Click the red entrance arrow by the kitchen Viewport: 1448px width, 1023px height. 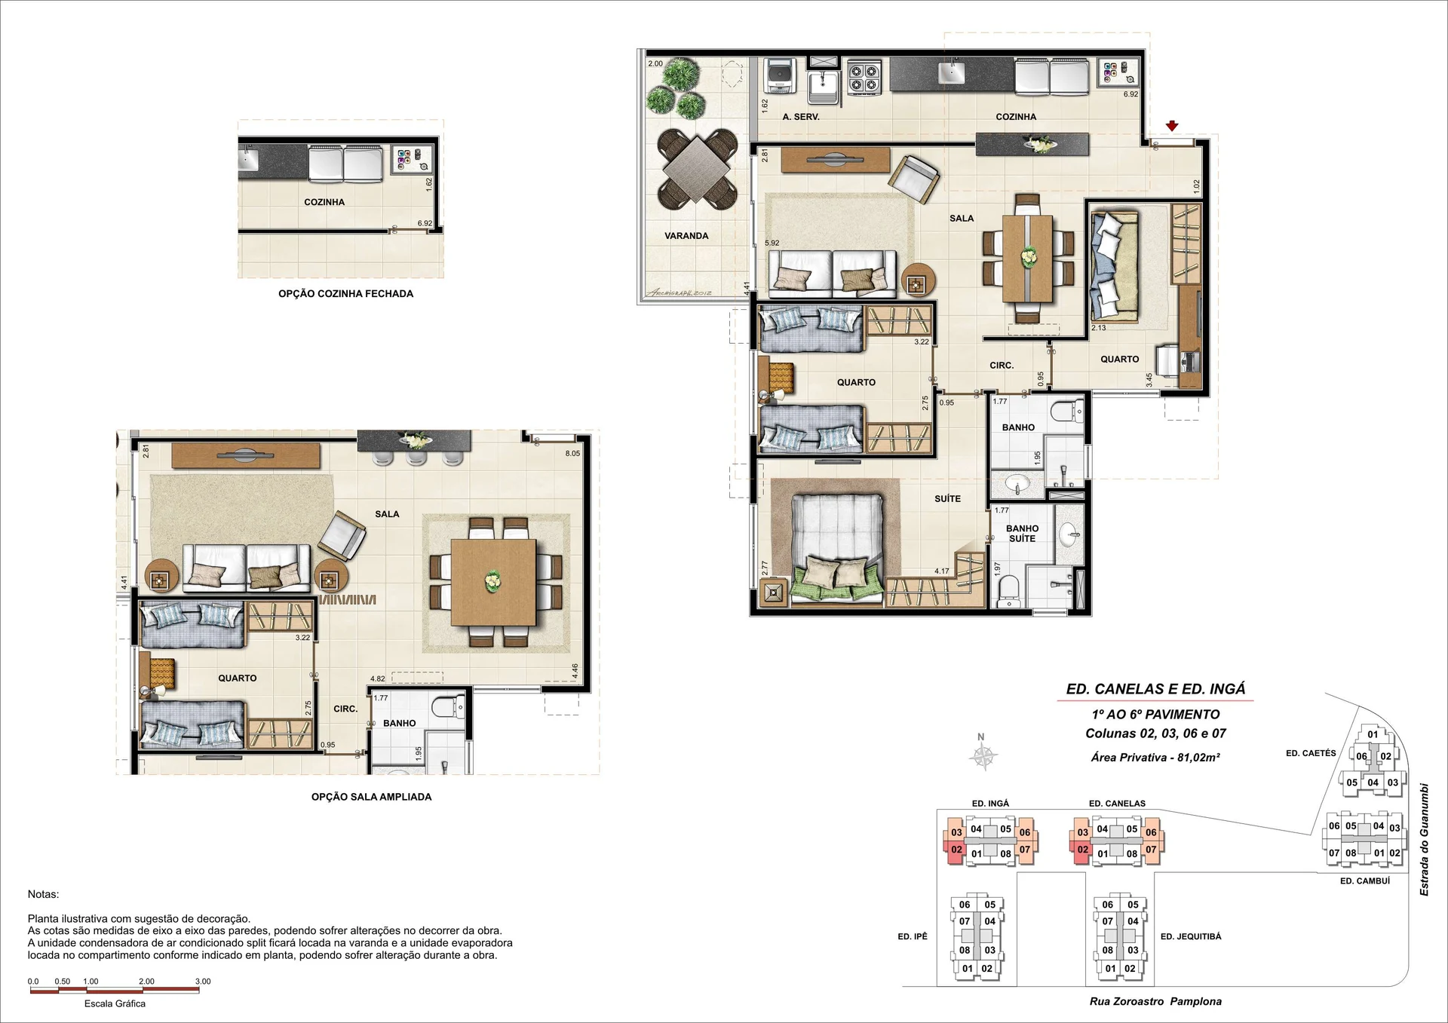pyautogui.click(x=1171, y=126)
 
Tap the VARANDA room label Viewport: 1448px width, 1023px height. pyautogui.click(x=686, y=236)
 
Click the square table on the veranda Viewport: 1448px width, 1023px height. pyautogui.click(x=698, y=169)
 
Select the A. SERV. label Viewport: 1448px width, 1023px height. pyautogui.click(x=801, y=117)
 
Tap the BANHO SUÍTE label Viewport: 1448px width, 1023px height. pyautogui.click(x=1022, y=534)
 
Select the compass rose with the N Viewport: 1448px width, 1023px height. pyautogui.click(x=983, y=755)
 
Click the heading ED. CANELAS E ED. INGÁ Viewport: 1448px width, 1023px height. pyautogui.click(x=1155, y=688)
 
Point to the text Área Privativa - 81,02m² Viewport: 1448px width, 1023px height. pyautogui.click(x=1155, y=758)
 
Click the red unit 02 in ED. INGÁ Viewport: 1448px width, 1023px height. pyautogui.click(x=956, y=850)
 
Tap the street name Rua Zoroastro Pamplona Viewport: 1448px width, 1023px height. pyautogui.click(x=1155, y=1002)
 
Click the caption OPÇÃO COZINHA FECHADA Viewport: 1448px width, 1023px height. pyautogui.click(x=346, y=294)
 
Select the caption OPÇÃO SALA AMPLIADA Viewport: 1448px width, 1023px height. pyautogui.click(x=372, y=797)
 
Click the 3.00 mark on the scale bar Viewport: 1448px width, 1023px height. pyautogui.click(x=203, y=982)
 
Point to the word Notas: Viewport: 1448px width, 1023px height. pyautogui.click(x=43, y=894)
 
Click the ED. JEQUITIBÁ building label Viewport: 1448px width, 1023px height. pyautogui.click(x=1191, y=936)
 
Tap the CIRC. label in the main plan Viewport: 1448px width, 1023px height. pyautogui.click(x=1002, y=366)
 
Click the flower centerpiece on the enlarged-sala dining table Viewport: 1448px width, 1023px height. pyautogui.click(x=492, y=580)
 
